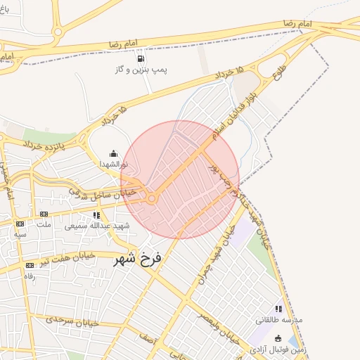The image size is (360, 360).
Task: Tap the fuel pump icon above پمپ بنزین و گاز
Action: tap(141, 59)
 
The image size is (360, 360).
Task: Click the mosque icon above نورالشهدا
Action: tap(114, 153)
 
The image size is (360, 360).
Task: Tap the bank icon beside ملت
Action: tap(44, 214)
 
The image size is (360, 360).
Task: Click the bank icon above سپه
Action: tap(20, 223)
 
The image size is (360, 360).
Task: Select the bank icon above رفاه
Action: tap(30, 265)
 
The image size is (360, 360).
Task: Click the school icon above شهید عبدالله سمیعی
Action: tap(96, 215)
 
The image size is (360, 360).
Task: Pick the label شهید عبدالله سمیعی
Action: tap(91, 226)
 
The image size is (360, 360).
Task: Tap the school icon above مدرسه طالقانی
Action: tap(279, 309)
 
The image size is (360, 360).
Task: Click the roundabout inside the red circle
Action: tap(152, 200)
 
